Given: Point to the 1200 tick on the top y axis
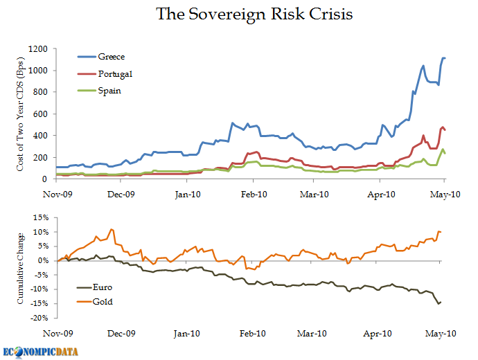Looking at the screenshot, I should click(37, 48).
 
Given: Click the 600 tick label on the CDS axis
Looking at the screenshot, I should click(40, 114).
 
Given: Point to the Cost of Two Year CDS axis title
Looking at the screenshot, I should click(21, 114).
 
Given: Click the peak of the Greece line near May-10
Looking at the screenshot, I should click(443, 57).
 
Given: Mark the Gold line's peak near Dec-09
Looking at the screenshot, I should click(112, 229).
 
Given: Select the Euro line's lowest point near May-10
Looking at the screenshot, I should click(437, 304).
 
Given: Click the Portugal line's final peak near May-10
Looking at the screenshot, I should click(443, 127).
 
